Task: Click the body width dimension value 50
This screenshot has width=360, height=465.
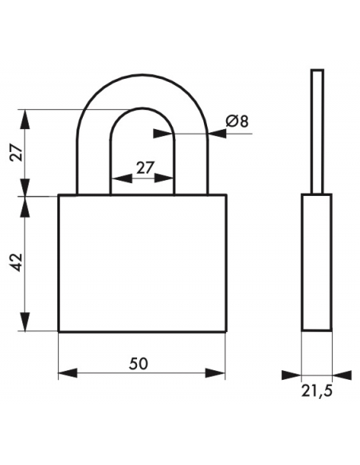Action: tap(139, 363)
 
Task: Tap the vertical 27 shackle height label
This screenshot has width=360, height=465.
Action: tap(16, 153)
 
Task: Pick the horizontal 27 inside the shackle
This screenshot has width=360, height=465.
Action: tap(146, 167)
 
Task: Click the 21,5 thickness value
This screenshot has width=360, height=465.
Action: tap(317, 391)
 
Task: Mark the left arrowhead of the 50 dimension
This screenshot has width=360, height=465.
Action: tap(68, 373)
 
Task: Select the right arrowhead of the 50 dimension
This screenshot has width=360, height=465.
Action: tap(216, 373)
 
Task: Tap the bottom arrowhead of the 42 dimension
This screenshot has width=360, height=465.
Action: tap(25, 322)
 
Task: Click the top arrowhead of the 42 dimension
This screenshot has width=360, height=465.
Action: tap(25, 206)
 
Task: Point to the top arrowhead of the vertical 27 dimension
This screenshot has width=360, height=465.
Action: tap(25, 119)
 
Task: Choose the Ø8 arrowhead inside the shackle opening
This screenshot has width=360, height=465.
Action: tap(162, 134)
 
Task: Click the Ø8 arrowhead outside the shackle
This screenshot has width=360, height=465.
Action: tap(217, 134)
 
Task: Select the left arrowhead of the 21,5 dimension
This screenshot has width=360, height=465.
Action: tap(292, 375)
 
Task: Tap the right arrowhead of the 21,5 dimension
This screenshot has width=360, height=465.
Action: tap(342, 375)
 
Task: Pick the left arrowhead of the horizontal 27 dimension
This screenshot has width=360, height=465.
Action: tap(122, 178)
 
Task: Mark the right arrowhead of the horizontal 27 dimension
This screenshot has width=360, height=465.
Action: tap(163, 178)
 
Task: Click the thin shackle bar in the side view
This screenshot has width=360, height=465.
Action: tap(317, 131)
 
